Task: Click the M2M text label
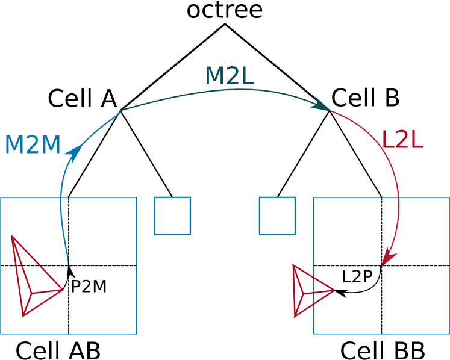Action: (33, 145)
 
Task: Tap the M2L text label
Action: (229, 76)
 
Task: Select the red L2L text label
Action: (402, 140)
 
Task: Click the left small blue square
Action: (172, 216)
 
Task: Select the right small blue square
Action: (277, 216)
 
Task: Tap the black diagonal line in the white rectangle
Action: (355, 154)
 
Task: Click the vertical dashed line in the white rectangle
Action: (382, 231)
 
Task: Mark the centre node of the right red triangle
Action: (303, 294)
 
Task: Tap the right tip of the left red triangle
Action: (63, 289)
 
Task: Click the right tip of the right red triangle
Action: (334, 290)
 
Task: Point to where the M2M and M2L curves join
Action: (122, 110)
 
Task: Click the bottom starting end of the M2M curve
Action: (68, 263)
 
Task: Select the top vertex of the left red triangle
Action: (11, 236)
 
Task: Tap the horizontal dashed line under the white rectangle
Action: (355, 265)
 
